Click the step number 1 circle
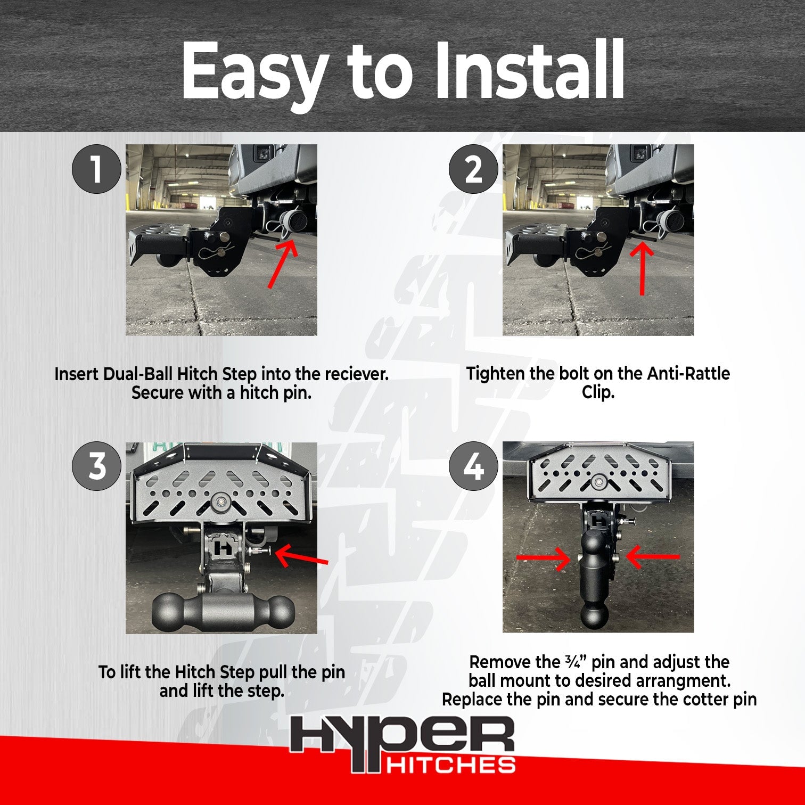[96, 169]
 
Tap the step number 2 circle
[473, 169]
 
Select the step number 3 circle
[96, 466]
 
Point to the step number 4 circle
[473, 466]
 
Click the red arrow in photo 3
[301, 556]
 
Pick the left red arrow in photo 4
[543, 558]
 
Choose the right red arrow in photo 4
[653, 557]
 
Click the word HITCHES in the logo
[450, 766]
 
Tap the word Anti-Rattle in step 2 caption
[688, 374]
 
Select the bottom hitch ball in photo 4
[594, 615]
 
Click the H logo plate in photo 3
[224, 547]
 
